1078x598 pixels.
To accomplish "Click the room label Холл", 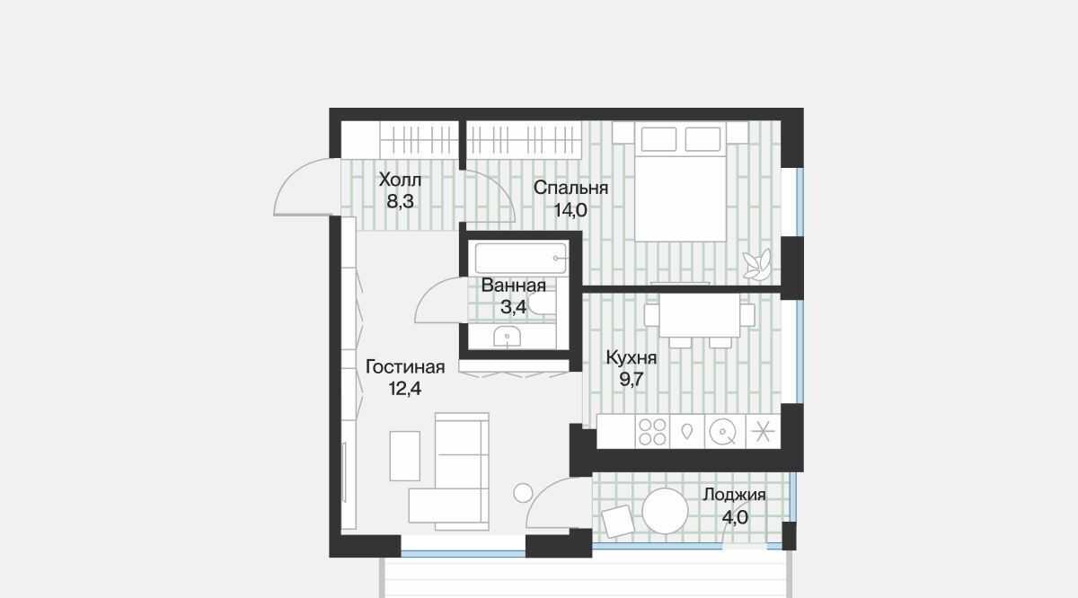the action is click(400, 180).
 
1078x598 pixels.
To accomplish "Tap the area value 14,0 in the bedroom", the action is click(570, 210).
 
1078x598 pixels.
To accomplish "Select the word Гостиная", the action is click(405, 367).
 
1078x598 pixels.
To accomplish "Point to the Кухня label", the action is click(631, 358).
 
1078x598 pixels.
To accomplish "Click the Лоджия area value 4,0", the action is click(735, 517).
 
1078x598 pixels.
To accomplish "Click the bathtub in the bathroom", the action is click(520, 259).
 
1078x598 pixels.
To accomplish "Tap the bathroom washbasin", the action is click(507, 337).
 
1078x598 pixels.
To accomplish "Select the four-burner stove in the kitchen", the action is click(652, 432).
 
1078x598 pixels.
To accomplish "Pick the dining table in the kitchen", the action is click(699, 315).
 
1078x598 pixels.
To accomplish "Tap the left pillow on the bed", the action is click(658, 139).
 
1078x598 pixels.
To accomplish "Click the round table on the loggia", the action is click(665, 511).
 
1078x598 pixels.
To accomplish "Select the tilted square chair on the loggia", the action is click(618, 522).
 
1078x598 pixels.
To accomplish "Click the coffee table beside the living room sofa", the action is click(405, 455).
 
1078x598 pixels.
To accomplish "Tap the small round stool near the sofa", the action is click(523, 493).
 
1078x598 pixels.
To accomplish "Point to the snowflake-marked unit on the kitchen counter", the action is click(764, 432).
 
